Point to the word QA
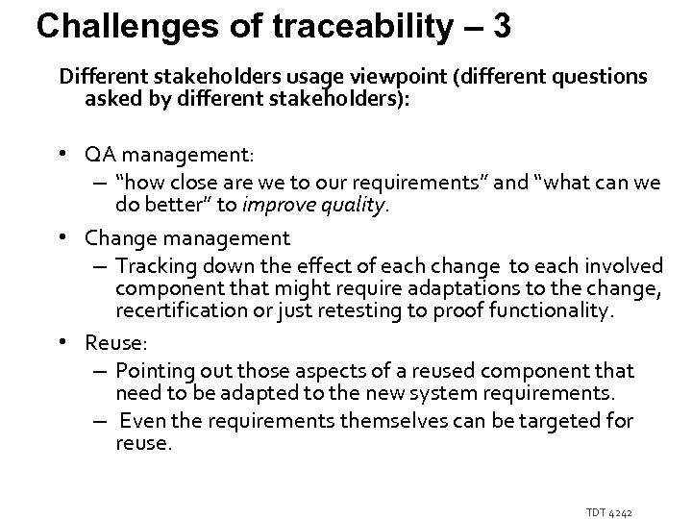(99, 157)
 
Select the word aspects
(309, 369)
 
